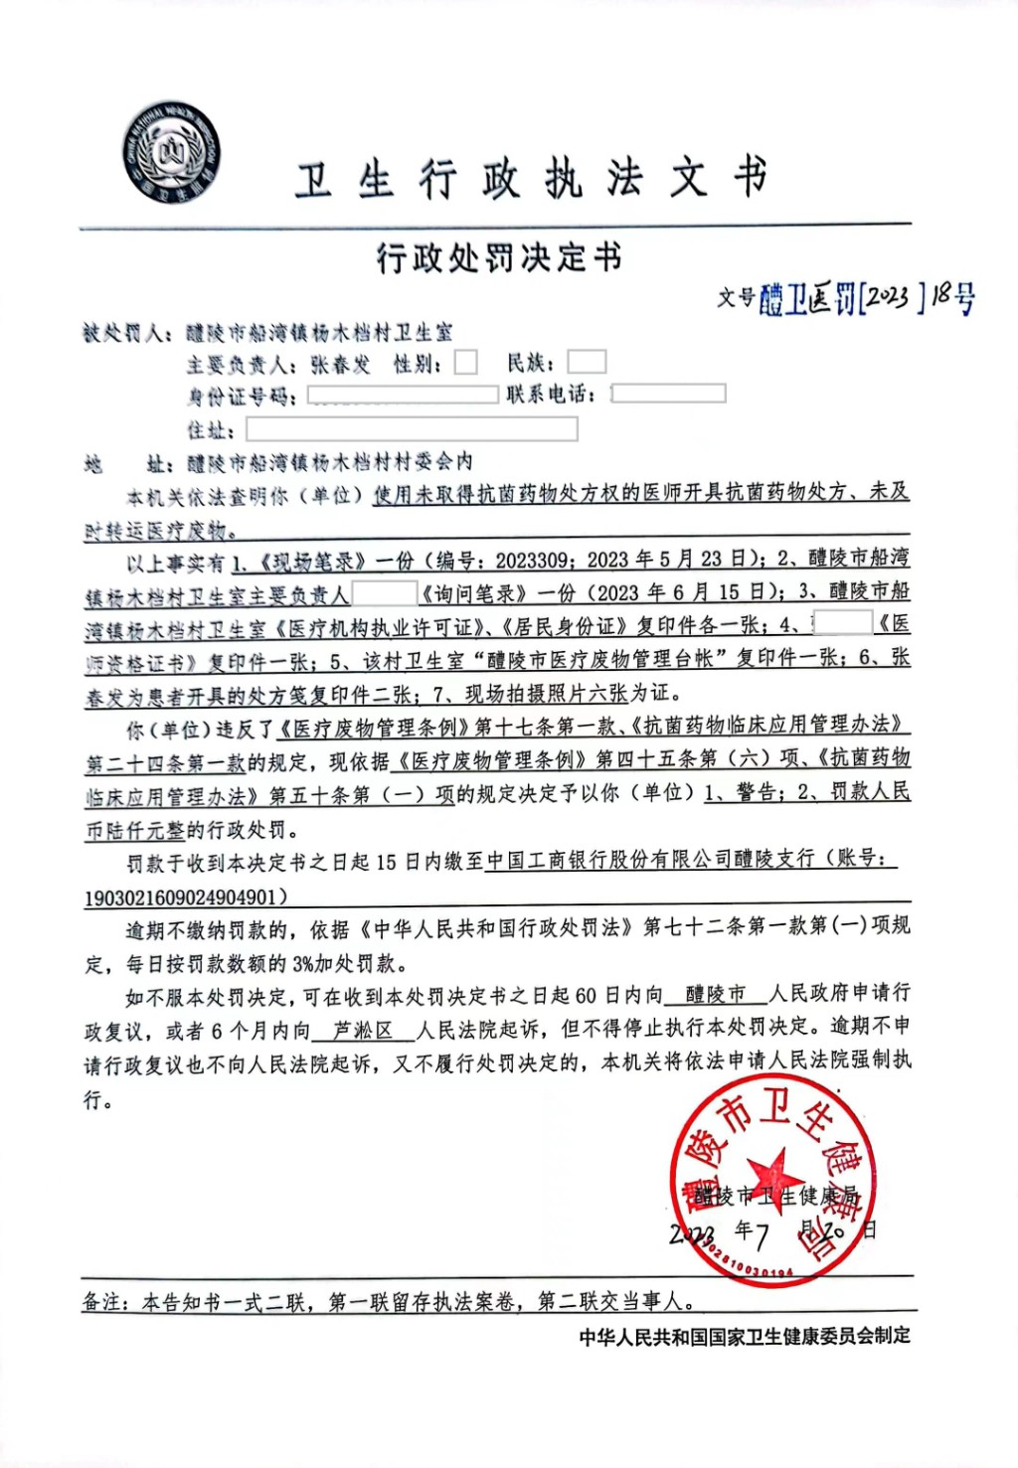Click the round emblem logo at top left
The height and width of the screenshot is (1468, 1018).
pos(171,153)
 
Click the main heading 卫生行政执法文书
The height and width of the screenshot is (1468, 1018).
pos(531,180)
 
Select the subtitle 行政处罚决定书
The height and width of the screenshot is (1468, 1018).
pos(499,258)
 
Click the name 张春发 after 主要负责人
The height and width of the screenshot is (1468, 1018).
pos(340,365)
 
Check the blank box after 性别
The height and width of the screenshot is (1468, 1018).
pos(465,363)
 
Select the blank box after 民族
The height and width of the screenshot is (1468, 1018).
pos(586,362)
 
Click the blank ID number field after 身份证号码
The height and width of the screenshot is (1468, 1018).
pos(403,396)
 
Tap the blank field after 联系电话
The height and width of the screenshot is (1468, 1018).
pos(668,394)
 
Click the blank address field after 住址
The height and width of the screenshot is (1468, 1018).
pos(412,429)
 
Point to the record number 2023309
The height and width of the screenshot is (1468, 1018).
pos(532,561)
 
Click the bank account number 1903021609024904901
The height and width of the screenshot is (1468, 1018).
pos(180,897)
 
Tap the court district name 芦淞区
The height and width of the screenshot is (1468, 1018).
pos(362,1031)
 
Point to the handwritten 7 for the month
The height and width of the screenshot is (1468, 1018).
pos(762,1235)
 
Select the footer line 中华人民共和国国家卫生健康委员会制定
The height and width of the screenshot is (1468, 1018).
pos(745,1337)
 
